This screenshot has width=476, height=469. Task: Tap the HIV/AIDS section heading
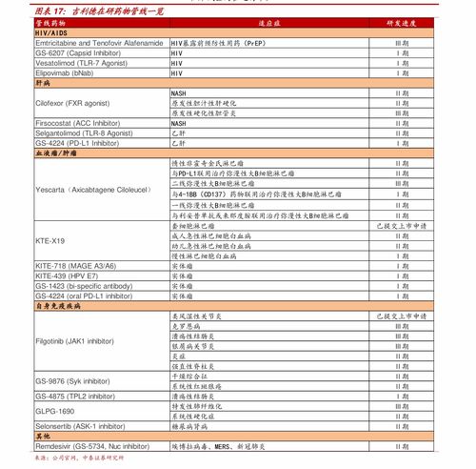point(53,32)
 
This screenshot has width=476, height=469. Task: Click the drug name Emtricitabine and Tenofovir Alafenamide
point(100,43)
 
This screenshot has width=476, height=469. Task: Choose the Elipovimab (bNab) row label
point(64,72)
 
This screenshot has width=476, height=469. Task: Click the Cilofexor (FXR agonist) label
point(72,102)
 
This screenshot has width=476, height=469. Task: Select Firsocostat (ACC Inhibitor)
point(77,123)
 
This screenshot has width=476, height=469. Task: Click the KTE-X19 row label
point(50,240)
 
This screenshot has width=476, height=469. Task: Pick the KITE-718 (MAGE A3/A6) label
point(75,265)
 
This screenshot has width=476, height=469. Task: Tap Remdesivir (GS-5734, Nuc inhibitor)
point(91,445)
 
